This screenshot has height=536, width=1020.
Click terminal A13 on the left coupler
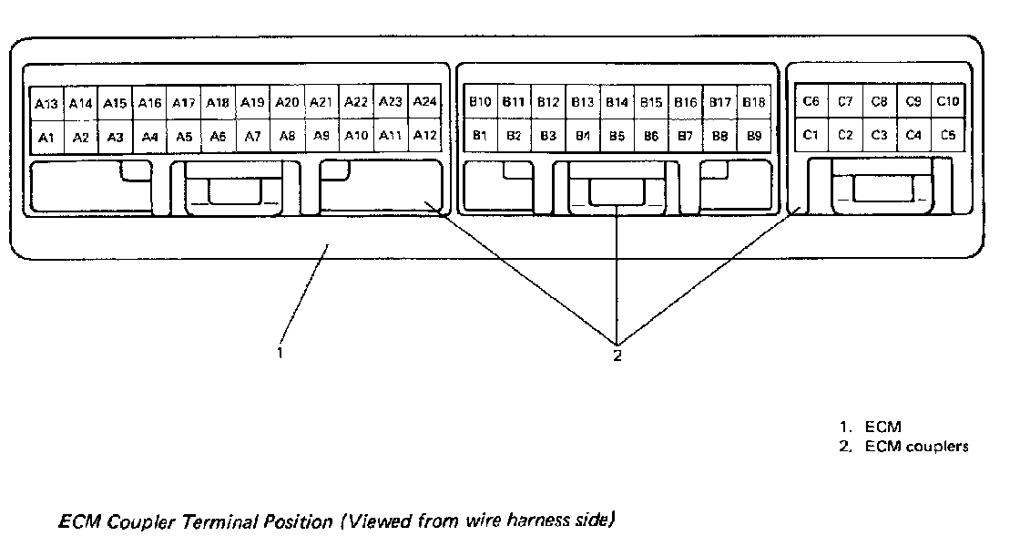[46, 104]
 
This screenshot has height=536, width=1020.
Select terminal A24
[424, 102]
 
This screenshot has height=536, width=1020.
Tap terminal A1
[46, 137]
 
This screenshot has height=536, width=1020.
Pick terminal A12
[424, 136]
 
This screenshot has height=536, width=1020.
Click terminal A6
[218, 137]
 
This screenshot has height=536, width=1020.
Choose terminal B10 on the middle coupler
[480, 102]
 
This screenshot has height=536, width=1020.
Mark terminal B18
[754, 102]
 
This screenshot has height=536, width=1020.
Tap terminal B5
[617, 137]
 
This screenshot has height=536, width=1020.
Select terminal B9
[754, 136]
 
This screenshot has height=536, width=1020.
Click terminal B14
[617, 103]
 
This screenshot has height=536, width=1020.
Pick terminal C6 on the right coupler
[811, 101]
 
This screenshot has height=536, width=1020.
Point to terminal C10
[948, 101]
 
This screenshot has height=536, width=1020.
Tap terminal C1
[811, 135]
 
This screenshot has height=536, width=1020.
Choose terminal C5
[948, 135]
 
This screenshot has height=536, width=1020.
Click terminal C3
[879, 135]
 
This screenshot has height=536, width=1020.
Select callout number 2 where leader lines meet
[617, 355]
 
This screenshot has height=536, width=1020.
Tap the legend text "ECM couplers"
[915, 447]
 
